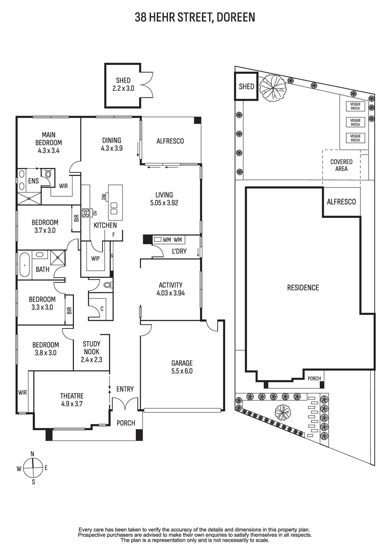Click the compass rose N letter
32,454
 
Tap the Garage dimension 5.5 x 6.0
182,371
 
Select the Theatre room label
72,396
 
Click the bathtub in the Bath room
25,265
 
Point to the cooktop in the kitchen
86,213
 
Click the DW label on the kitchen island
104,197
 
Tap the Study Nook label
91,348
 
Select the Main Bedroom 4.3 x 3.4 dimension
48,151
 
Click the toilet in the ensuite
48,174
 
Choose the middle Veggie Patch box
355,122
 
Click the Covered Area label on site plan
341,165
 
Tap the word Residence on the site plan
303,288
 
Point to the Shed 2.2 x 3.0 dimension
123,88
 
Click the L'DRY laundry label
179,251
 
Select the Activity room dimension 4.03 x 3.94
171,293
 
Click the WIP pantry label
95,258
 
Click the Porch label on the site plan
314,379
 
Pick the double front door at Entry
125,404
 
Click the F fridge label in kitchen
114,235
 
